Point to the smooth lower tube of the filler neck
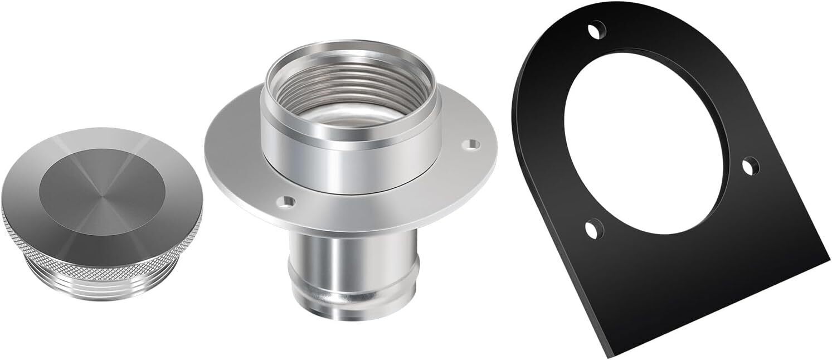pyautogui.click(x=351, y=251)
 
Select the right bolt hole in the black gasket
pyautogui.click(x=750, y=166)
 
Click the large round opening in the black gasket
pyautogui.click(x=646, y=139)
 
